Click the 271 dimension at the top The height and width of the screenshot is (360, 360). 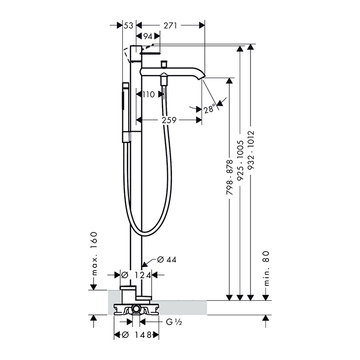pyautogui.click(x=170, y=26)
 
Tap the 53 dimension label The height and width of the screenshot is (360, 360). pyautogui.click(x=129, y=26)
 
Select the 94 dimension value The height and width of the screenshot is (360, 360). pyautogui.click(x=148, y=37)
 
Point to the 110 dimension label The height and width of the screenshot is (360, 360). pyautogui.click(x=149, y=94)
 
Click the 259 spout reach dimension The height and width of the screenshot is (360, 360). pyautogui.click(x=169, y=120)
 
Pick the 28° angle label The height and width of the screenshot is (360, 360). pyautogui.click(x=210, y=109)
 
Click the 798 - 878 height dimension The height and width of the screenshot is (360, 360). pyautogui.click(x=229, y=177)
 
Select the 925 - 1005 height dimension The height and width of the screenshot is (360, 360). pyautogui.click(x=240, y=160)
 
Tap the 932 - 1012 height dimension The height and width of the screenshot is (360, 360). pyautogui.click(x=251, y=150)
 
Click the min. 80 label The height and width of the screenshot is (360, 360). pyautogui.click(x=266, y=268)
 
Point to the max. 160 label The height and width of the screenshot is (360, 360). pyautogui.click(x=94, y=254)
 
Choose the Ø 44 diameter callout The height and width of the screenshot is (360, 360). pyautogui.click(x=167, y=260)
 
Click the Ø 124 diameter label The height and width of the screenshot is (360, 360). pyautogui.click(x=136, y=275)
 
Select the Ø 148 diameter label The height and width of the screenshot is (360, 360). pyautogui.click(x=136, y=335)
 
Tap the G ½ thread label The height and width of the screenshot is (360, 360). pyautogui.click(x=174, y=322)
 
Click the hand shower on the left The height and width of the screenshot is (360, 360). pyautogui.click(x=125, y=113)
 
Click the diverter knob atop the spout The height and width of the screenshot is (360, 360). pyautogui.click(x=164, y=64)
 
